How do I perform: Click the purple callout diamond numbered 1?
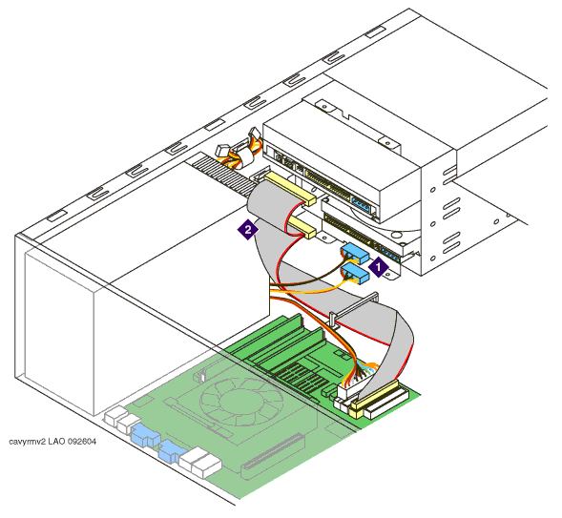pos(379,267)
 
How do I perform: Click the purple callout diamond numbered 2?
pos(248,229)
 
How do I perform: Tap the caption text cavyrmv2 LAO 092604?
pos(52,442)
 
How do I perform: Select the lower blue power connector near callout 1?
pos(355,271)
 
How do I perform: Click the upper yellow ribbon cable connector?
pos(290,189)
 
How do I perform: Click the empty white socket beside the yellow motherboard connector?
pos(386,404)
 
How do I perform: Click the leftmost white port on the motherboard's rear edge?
pos(115,416)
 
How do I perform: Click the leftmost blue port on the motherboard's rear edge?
pos(145,434)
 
